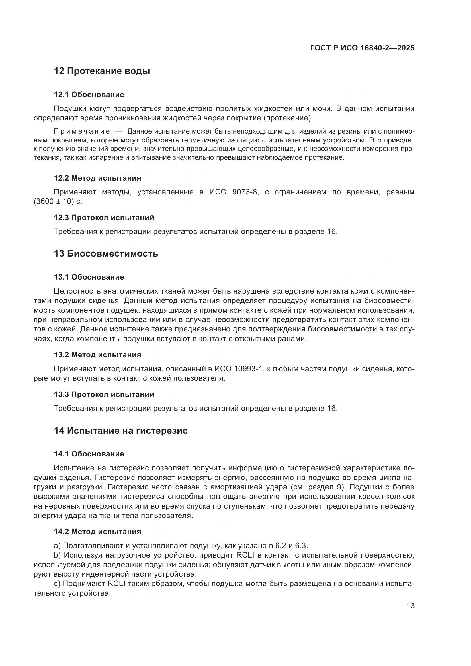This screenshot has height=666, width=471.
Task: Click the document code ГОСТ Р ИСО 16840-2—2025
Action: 362,48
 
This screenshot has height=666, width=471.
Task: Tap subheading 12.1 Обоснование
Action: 89,95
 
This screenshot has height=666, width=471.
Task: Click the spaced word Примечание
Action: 82,131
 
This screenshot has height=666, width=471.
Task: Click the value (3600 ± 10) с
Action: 58,201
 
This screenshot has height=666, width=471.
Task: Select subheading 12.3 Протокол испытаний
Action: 104,218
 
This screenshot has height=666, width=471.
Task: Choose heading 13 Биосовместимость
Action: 106,253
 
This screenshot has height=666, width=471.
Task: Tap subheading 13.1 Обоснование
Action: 89,277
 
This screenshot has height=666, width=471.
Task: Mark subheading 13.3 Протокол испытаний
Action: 104,394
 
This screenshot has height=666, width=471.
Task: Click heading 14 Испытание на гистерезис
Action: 121,431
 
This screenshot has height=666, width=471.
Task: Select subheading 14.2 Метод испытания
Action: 97,532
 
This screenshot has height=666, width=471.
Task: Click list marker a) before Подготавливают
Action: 57,546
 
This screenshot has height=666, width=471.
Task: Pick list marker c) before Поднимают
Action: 57,584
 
